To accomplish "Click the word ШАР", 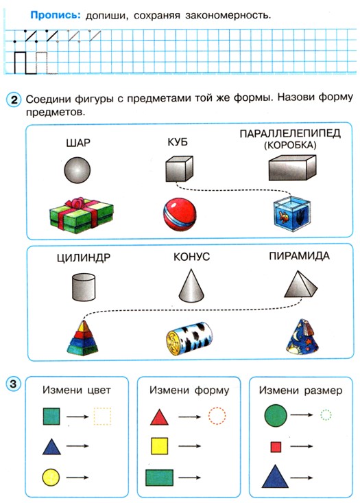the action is pyautogui.click(x=78, y=143).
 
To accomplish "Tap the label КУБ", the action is pyautogui.click(x=178, y=142).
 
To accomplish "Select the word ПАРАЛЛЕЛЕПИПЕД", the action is pyautogui.click(x=290, y=133).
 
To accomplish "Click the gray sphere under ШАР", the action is pyautogui.click(x=77, y=170).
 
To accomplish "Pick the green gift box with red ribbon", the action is pyautogui.click(x=82, y=215).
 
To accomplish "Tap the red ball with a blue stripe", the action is pyautogui.click(x=180, y=214).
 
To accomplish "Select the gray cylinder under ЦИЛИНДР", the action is pyautogui.click(x=84, y=287).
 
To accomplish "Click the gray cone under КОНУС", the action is pyautogui.click(x=191, y=286).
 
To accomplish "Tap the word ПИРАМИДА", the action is pyautogui.click(x=299, y=256).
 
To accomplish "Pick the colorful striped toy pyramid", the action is pyautogui.click(x=83, y=338).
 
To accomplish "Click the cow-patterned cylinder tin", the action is pyautogui.click(x=189, y=338).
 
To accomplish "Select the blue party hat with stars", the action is pyautogui.click(x=302, y=337).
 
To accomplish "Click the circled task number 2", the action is pyautogui.click(x=14, y=100).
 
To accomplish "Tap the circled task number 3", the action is pyautogui.click(x=13, y=384).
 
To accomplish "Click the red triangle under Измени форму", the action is pyautogui.click(x=159, y=417).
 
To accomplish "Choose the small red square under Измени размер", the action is pyautogui.click(x=276, y=447).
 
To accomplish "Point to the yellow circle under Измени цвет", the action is pyautogui.click(x=51, y=477).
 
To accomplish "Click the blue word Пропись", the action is pyautogui.click(x=56, y=15).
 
